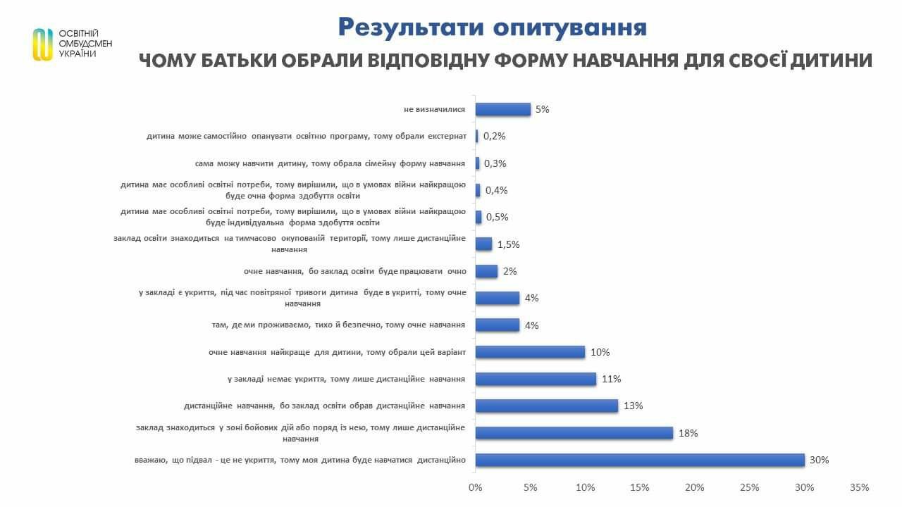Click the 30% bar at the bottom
pyautogui.click(x=640, y=460)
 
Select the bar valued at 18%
pyautogui.click(x=574, y=433)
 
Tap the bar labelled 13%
pyautogui.click(x=547, y=406)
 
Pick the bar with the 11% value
pyautogui.click(x=536, y=379)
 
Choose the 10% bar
pyautogui.click(x=530, y=352)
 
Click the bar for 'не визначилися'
pyautogui.click(x=503, y=109)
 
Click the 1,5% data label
pyautogui.click(x=508, y=244)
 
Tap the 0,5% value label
pyautogui.click(x=498, y=218)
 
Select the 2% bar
pyautogui.click(x=486, y=271)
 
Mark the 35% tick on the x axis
pyautogui.click(x=860, y=487)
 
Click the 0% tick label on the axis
pyautogui.click(x=476, y=487)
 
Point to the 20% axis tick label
pyautogui.click(x=695, y=487)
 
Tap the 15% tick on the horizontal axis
pyautogui.click(x=640, y=487)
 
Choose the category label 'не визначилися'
pyautogui.click(x=435, y=109)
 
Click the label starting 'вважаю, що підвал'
pyautogui.click(x=300, y=461)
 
